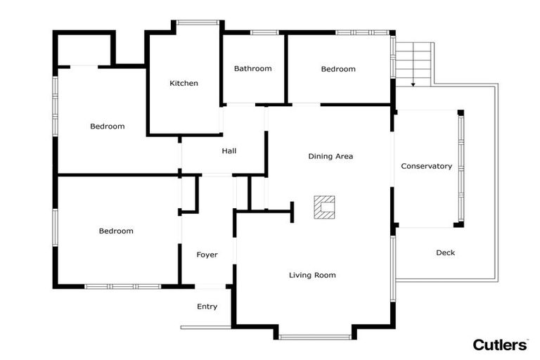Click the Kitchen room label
coord(184,83)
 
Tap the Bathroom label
coord(252,68)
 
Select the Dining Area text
coord(330,156)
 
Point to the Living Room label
coord(312,275)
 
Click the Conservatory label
coord(426,166)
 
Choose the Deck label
coord(445,252)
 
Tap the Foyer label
coord(207,255)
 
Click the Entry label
coord(207,307)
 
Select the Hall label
coord(229,151)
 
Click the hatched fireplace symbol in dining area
coord(325,207)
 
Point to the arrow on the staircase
coord(413,84)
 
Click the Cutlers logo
coord(500,345)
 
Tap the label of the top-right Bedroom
coord(338,69)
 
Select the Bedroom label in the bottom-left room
coord(116,231)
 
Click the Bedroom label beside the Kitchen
coord(108,127)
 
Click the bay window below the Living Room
coord(314,337)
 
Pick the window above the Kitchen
coord(198,22)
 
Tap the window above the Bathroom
coord(264,32)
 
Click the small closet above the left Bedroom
coord(84,49)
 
